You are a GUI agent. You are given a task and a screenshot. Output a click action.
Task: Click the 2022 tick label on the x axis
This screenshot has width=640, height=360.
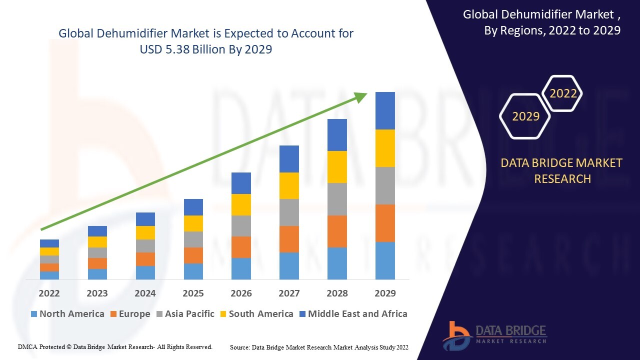click(49, 293)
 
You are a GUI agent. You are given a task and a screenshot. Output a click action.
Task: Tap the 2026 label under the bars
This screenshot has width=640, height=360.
click(241, 293)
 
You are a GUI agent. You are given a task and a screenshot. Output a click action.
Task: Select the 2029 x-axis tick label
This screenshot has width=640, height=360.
click(385, 293)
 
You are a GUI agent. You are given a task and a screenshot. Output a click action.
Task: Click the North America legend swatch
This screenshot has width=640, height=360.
click(34, 314)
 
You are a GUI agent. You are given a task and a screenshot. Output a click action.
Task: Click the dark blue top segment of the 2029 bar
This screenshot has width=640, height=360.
click(385, 110)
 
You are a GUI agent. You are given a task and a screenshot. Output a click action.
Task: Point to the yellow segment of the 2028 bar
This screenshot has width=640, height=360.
click(337, 167)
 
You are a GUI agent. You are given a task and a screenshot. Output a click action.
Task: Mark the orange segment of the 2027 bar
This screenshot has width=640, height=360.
click(289, 239)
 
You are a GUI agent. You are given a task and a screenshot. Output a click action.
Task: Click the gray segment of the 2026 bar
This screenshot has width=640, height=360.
click(241, 226)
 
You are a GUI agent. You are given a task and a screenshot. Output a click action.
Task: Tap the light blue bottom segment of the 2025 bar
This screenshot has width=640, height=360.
click(193, 271)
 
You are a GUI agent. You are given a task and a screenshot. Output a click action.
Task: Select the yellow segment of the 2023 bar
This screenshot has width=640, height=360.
click(97, 242)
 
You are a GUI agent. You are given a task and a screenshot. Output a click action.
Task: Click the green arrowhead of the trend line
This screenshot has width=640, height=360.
click(361, 97)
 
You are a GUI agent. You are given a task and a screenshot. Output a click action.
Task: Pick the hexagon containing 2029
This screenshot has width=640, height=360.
click(525, 116)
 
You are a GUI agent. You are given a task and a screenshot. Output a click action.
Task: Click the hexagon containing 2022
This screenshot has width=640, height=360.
click(563, 93)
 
